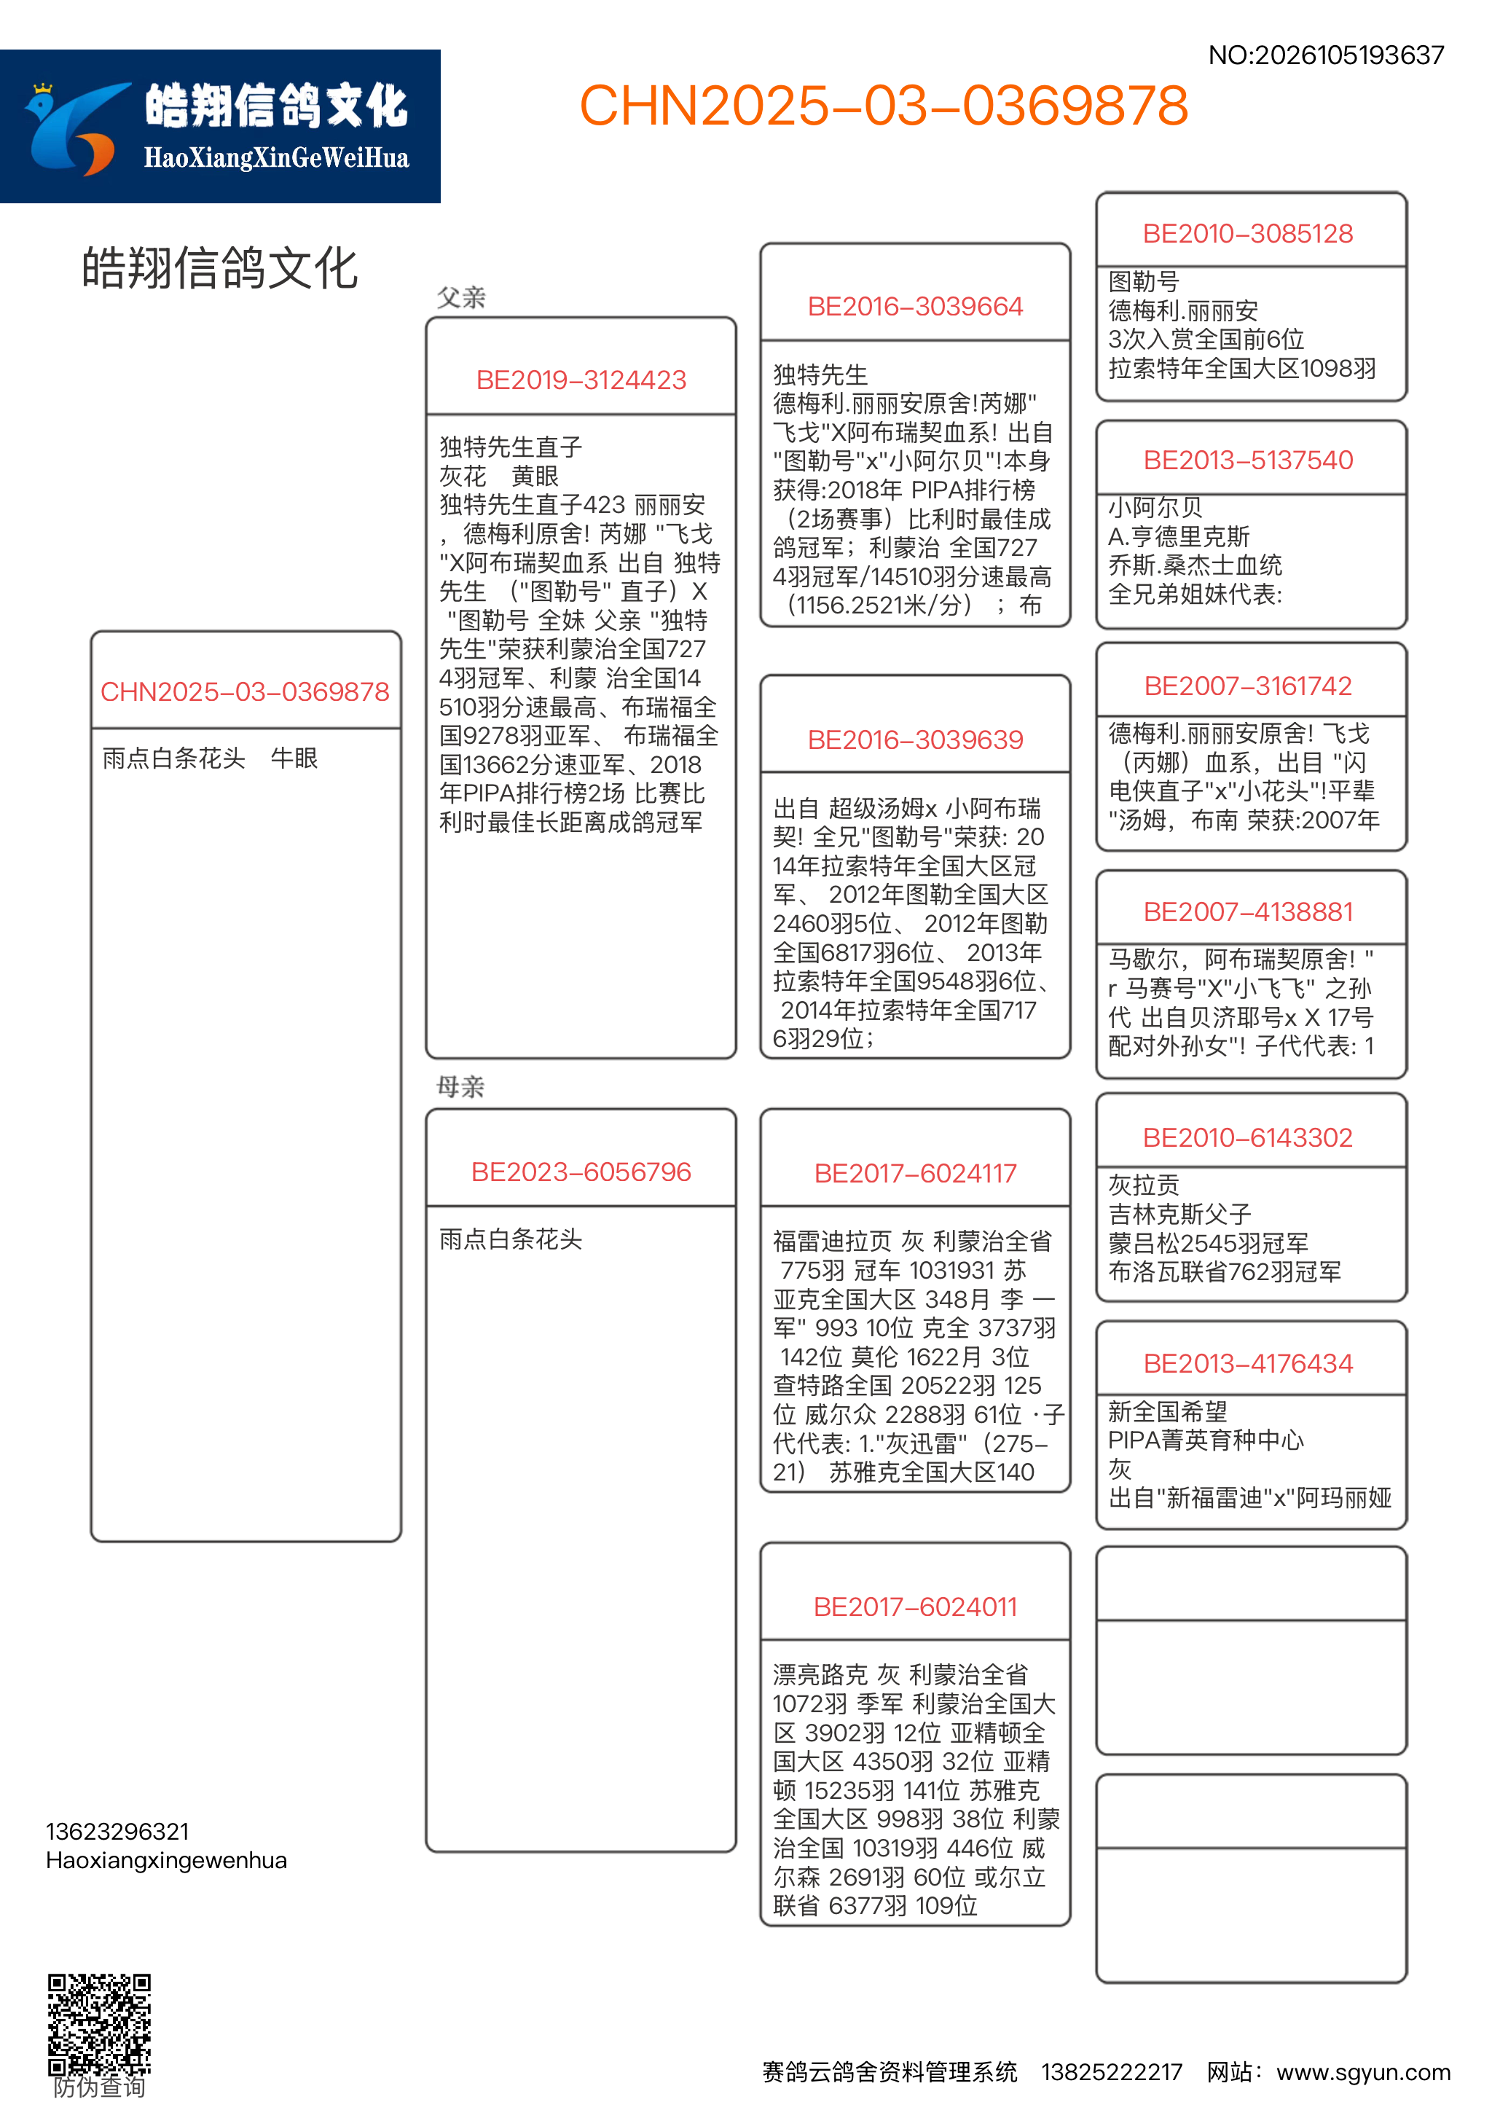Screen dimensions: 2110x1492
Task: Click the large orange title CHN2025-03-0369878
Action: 883,106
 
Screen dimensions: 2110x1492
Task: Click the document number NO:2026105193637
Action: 1326,55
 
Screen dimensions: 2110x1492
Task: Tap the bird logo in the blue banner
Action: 74,129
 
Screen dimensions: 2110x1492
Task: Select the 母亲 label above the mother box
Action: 460,1087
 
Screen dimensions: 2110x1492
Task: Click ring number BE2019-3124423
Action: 581,380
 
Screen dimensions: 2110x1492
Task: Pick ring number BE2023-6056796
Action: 581,1172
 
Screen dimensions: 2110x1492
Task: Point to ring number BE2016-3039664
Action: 915,307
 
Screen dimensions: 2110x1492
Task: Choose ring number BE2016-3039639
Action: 915,740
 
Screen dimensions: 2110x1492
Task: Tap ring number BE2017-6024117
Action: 915,1174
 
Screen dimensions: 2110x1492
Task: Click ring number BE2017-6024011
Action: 915,1607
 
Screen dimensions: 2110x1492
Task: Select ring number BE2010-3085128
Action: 1248,233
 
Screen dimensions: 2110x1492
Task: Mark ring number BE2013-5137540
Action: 1248,460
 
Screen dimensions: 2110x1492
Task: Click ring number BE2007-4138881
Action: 1248,911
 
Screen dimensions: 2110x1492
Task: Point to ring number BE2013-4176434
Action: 1248,1364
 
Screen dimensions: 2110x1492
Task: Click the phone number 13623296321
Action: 117,1832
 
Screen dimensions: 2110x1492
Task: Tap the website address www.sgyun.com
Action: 1363,2072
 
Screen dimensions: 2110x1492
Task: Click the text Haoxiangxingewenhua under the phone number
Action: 166,1860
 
